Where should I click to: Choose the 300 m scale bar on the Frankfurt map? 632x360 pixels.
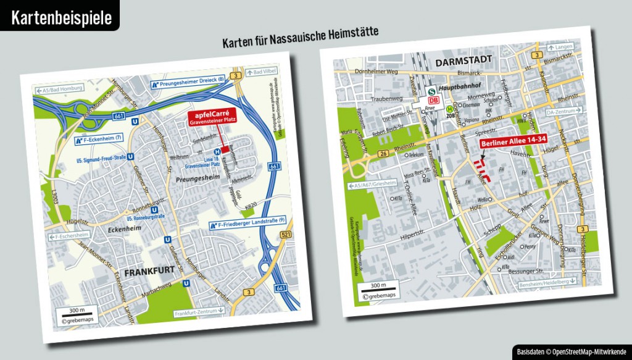(x=78, y=312)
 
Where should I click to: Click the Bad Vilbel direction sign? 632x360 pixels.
(x=261, y=72)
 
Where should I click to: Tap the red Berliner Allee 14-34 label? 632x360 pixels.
(x=505, y=144)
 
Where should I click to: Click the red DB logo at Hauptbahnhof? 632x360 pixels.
(x=434, y=100)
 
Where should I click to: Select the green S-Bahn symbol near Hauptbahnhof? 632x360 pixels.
(x=433, y=90)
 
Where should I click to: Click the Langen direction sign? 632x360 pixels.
(x=563, y=47)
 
